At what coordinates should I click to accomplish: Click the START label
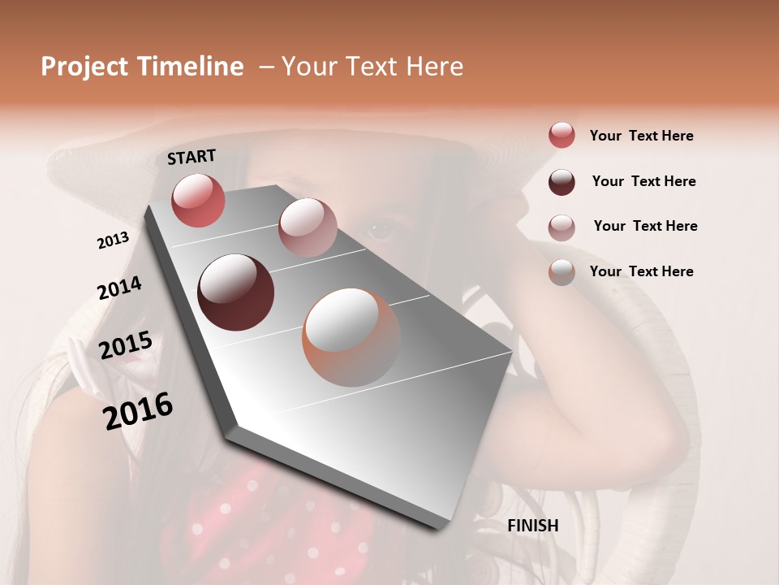click(192, 157)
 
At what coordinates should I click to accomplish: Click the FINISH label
click(532, 526)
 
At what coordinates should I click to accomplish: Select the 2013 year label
click(113, 240)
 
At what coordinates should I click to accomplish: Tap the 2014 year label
click(119, 288)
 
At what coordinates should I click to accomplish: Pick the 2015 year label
click(125, 346)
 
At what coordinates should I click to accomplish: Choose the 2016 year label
click(138, 411)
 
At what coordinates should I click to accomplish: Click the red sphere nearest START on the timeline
click(198, 200)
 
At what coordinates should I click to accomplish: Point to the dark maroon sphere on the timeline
click(235, 292)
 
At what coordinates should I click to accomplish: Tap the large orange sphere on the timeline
click(351, 337)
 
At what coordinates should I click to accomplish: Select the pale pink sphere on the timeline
click(308, 227)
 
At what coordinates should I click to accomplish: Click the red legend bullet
click(562, 136)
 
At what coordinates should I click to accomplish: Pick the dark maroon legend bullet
click(562, 182)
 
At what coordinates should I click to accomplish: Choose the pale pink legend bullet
click(562, 227)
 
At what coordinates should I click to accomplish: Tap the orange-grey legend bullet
click(562, 272)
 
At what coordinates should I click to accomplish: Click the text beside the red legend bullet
click(641, 136)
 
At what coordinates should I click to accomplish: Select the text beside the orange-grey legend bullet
click(641, 271)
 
